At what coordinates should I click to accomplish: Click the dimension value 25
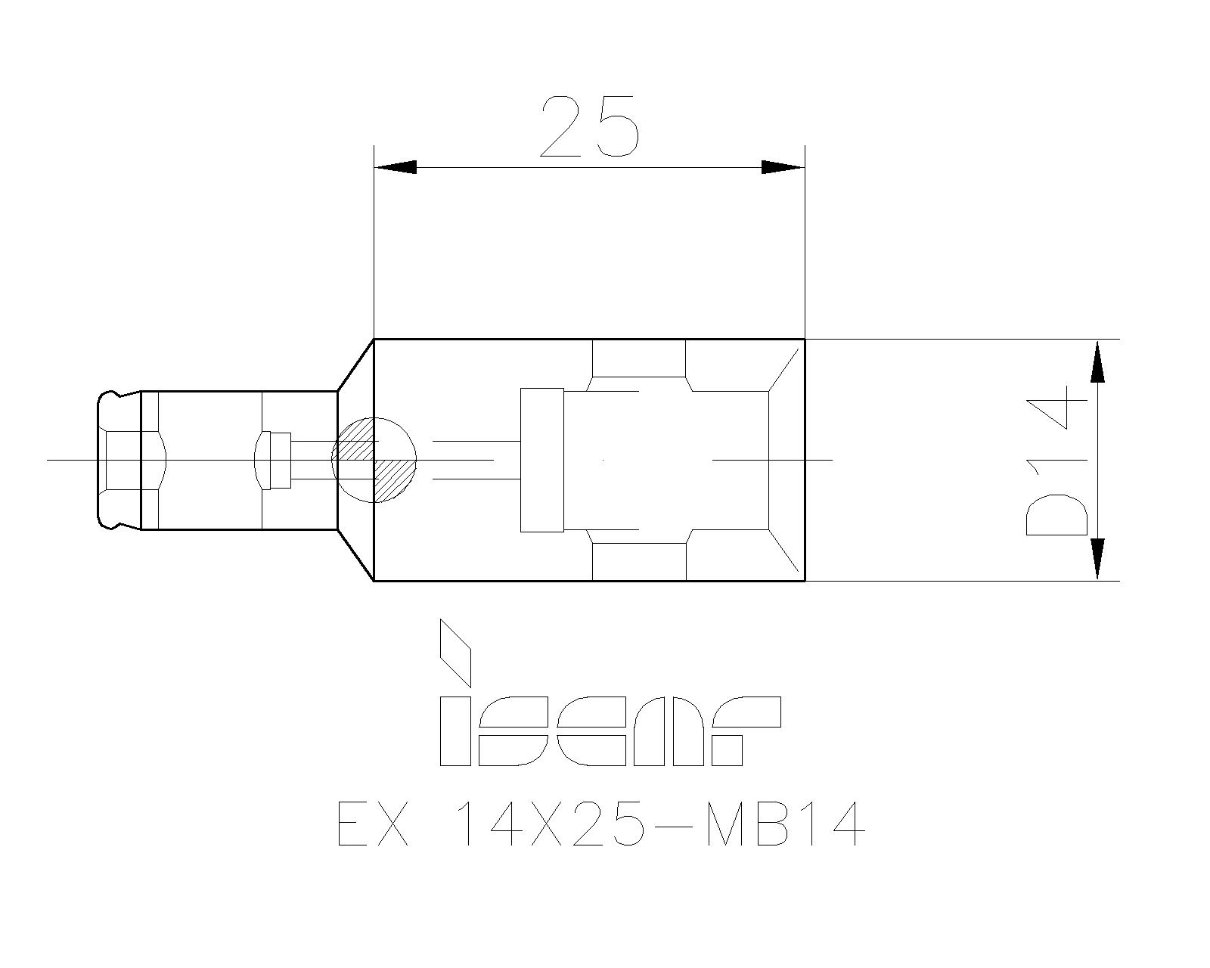click(x=590, y=126)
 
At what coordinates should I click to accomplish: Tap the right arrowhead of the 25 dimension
click(x=780, y=167)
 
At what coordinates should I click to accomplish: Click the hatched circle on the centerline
click(x=374, y=460)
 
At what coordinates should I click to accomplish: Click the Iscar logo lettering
click(x=610, y=731)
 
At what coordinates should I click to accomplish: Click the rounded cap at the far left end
click(x=110, y=460)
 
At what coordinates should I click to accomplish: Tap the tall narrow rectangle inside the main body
click(x=542, y=460)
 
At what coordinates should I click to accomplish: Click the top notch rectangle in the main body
click(x=638, y=358)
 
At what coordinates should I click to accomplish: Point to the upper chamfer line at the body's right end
click(x=784, y=370)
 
